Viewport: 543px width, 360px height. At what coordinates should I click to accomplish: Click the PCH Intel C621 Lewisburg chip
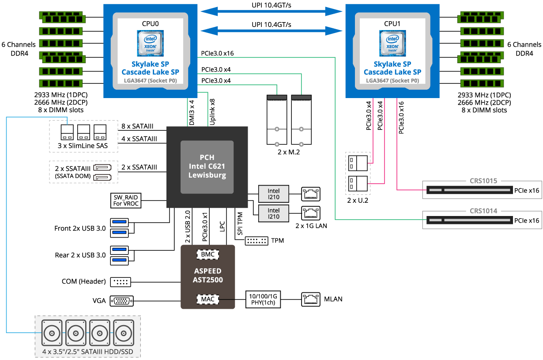tap(207, 167)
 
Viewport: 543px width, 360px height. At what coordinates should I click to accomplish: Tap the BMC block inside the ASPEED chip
tap(207, 254)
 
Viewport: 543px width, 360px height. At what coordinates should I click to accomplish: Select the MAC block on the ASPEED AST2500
tap(207, 299)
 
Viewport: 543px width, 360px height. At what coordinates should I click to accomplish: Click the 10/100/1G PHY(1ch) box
tap(263, 299)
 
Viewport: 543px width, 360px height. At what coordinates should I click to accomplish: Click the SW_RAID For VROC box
tap(126, 200)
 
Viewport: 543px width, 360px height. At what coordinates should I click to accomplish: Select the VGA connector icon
tap(121, 301)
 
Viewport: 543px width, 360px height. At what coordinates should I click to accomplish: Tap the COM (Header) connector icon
tap(121, 281)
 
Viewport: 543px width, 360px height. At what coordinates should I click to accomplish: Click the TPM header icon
tap(256, 241)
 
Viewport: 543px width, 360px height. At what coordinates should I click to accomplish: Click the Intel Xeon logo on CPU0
tap(150, 43)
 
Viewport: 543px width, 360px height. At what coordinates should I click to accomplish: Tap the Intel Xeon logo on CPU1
tap(392, 43)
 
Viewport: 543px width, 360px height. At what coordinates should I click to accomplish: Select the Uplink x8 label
tap(212, 113)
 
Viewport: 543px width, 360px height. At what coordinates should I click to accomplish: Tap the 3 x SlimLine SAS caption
tap(83, 146)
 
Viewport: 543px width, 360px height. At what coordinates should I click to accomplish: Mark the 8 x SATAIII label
tap(137, 127)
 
